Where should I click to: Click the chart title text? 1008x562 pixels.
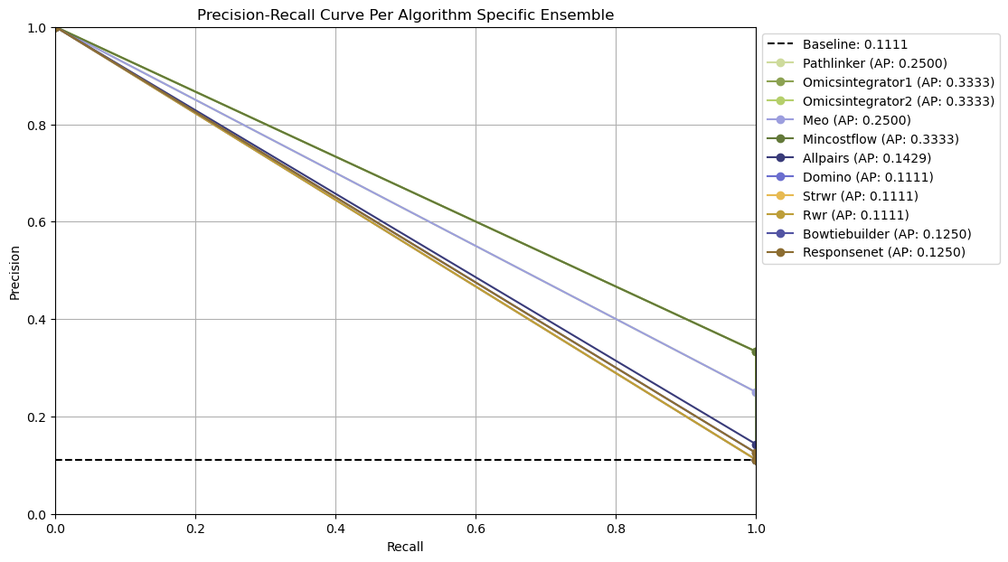pos(405,14)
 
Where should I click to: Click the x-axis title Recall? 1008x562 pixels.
pos(405,547)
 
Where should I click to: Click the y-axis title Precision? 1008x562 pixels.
pos(14,270)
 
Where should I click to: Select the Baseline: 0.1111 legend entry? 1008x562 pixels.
pos(854,44)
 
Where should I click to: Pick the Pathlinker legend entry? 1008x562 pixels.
pos(874,63)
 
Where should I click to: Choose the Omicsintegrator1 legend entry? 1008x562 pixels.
pos(898,82)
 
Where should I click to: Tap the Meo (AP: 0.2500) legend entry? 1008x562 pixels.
pos(856,120)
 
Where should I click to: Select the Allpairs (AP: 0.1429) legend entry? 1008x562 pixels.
pos(866,158)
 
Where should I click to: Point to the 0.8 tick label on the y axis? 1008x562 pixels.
pos(37,125)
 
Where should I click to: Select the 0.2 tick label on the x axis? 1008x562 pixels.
pos(195,527)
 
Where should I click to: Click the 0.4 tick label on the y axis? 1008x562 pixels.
pos(37,320)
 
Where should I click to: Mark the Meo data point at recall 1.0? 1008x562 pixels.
pos(756,392)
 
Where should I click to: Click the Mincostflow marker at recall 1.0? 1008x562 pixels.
pos(756,351)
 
